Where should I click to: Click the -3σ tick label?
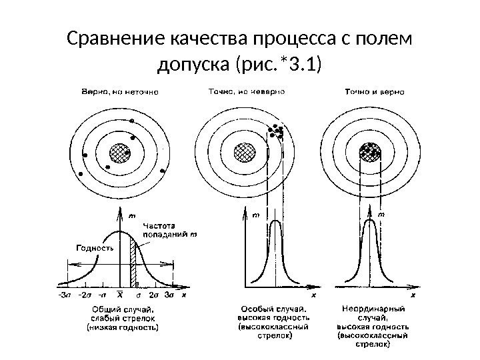coord(65,294)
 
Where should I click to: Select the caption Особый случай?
coord(273,309)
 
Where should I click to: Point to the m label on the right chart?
coord(381,215)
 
